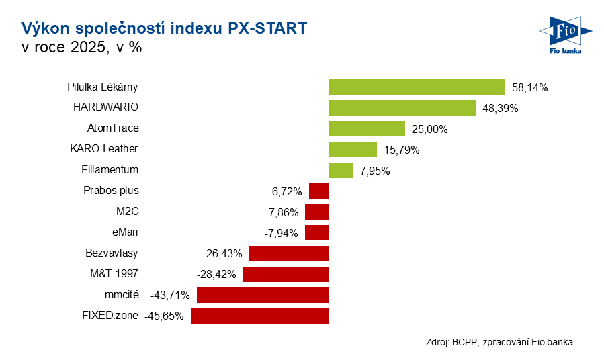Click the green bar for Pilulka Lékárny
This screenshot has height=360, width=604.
click(417, 87)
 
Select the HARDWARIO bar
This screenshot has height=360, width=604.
click(402, 108)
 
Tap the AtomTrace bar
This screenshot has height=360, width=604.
click(367, 129)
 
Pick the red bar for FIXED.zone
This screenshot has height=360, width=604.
click(260, 316)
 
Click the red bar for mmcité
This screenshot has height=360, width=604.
click(263, 295)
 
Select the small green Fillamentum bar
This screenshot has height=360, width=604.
click(341, 171)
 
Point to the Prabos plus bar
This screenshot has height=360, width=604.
click(319, 191)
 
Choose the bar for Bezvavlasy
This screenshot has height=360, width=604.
click(289, 253)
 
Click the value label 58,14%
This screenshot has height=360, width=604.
click(530, 87)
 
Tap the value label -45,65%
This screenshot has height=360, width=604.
click(164, 316)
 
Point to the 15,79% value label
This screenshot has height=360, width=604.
click(401, 150)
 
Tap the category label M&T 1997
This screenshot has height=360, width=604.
click(114, 273)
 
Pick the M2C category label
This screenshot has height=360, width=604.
click(127, 211)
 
